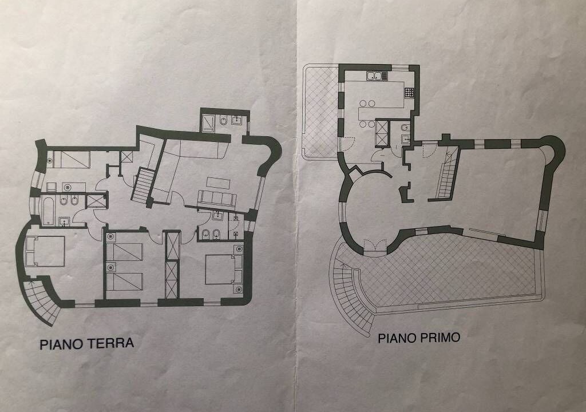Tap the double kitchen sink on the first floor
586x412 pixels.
(376, 77)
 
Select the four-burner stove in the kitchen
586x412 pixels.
(409, 92)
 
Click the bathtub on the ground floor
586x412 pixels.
(49, 211)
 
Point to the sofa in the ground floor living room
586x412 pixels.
(217, 198)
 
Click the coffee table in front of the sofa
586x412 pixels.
(219, 183)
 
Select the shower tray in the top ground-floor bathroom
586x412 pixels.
(208, 123)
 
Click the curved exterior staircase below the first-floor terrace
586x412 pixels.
(350, 295)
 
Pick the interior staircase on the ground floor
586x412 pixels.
(143, 185)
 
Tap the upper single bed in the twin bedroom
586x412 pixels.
(124, 252)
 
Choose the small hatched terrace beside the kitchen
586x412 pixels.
(320, 112)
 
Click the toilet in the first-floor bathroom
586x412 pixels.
(405, 128)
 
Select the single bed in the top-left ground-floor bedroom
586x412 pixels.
(71, 160)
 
